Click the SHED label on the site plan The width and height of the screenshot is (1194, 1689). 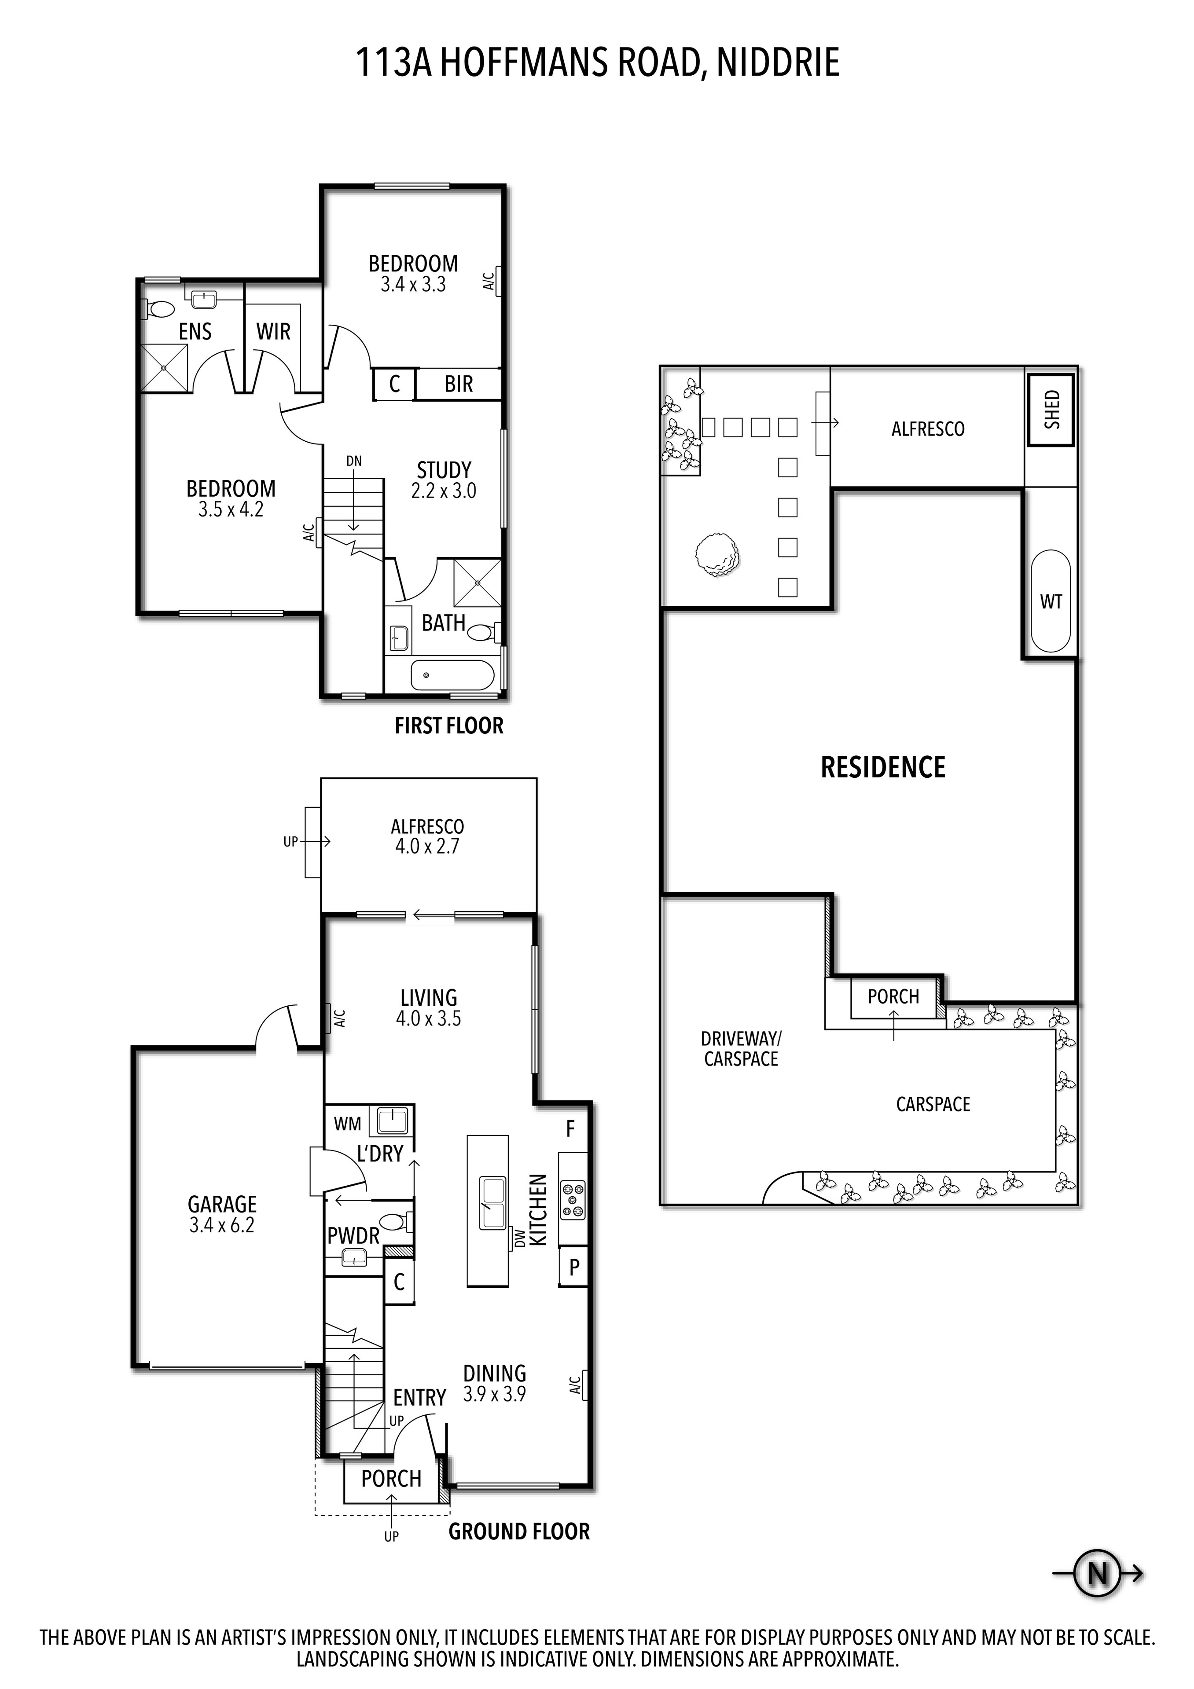tap(1051, 410)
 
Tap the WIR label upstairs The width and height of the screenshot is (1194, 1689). tap(273, 332)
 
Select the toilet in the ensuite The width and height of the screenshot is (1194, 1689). tap(158, 310)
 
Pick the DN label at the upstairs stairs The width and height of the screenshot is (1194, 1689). tap(354, 461)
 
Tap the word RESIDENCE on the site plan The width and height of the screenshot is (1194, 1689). tap(883, 767)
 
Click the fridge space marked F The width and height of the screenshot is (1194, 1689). tap(570, 1129)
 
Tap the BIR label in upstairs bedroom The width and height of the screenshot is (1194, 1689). tap(458, 384)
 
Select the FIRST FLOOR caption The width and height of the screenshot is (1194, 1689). tap(449, 726)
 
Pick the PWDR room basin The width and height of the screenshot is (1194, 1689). tap(354, 1260)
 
